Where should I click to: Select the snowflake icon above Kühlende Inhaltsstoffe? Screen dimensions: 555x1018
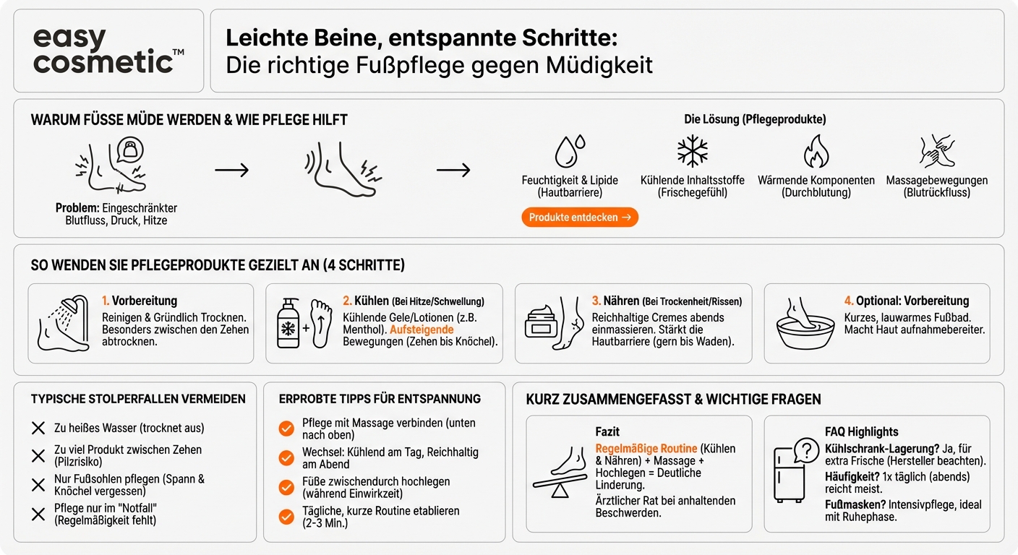click(x=692, y=152)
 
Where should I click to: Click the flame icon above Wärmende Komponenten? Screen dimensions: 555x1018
click(x=816, y=152)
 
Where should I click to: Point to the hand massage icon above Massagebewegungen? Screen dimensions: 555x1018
click(x=936, y=152)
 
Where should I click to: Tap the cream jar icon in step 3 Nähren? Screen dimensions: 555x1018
click(x=544, y=322)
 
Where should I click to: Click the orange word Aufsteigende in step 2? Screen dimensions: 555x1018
click(x=422, y=330)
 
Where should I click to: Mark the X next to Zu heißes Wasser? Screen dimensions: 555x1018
click(x=38, y=428)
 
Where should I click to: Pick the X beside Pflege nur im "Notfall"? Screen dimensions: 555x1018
click(x=38, y=514)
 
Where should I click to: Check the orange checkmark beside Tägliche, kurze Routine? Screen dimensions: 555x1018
click(x=286, y=516)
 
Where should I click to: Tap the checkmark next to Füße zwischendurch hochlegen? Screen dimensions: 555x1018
click(x=286, y=487)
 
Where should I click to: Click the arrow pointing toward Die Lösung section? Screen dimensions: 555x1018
click(x=453, y=170)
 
